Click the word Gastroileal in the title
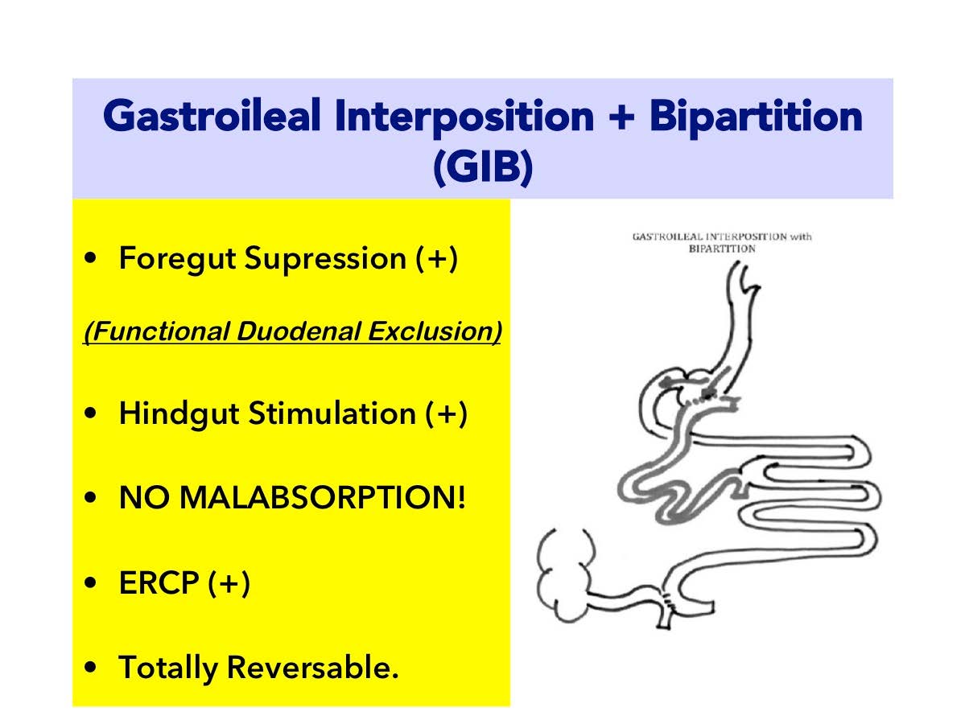[x=212, y=117]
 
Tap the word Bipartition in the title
[x=756, y=117]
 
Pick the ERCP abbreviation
[x=159, y=582]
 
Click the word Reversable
[x=312, y=668]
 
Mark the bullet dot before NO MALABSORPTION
[x=90, y=497]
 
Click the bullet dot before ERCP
[x=90, y=582]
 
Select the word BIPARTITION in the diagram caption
[x=722, y=249]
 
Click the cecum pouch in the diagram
[x=566, y=575]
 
